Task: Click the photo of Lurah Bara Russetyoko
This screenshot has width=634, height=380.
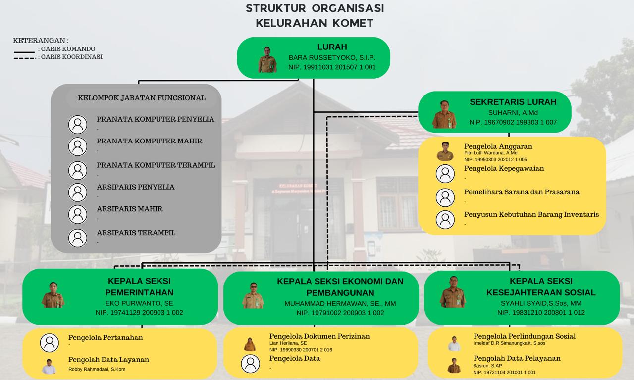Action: (x=267, y=60)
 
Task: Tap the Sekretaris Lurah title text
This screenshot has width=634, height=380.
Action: (x=513, y=102)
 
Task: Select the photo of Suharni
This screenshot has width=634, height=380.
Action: (x=444, y=115)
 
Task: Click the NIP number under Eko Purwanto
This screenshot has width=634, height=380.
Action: (x=140, y=313)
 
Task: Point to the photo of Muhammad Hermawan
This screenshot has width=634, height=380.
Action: (x=253, y=296)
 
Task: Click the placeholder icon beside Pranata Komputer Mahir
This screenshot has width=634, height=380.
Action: (x=78, y=146)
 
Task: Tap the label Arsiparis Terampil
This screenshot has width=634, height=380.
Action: (x=136, y=233)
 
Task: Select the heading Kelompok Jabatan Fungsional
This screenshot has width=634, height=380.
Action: (x=142, y=98)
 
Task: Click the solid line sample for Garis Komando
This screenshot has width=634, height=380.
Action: (x=24, y=51)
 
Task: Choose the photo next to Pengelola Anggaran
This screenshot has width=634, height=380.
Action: (x=445, y=152)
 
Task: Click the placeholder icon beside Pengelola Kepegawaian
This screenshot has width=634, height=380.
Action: (x=445, y=174)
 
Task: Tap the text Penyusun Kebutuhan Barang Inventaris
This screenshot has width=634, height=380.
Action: (x=531, y=214)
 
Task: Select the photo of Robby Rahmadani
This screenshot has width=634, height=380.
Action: (x=49, y=366)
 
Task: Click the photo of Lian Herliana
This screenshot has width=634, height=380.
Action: (x=250, y=344)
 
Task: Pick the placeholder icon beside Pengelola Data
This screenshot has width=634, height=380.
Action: (x=250, y=364)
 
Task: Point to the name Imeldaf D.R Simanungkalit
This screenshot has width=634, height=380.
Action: (x=509, y=343)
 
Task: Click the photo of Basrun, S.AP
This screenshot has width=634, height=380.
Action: (x=454, y=366)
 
